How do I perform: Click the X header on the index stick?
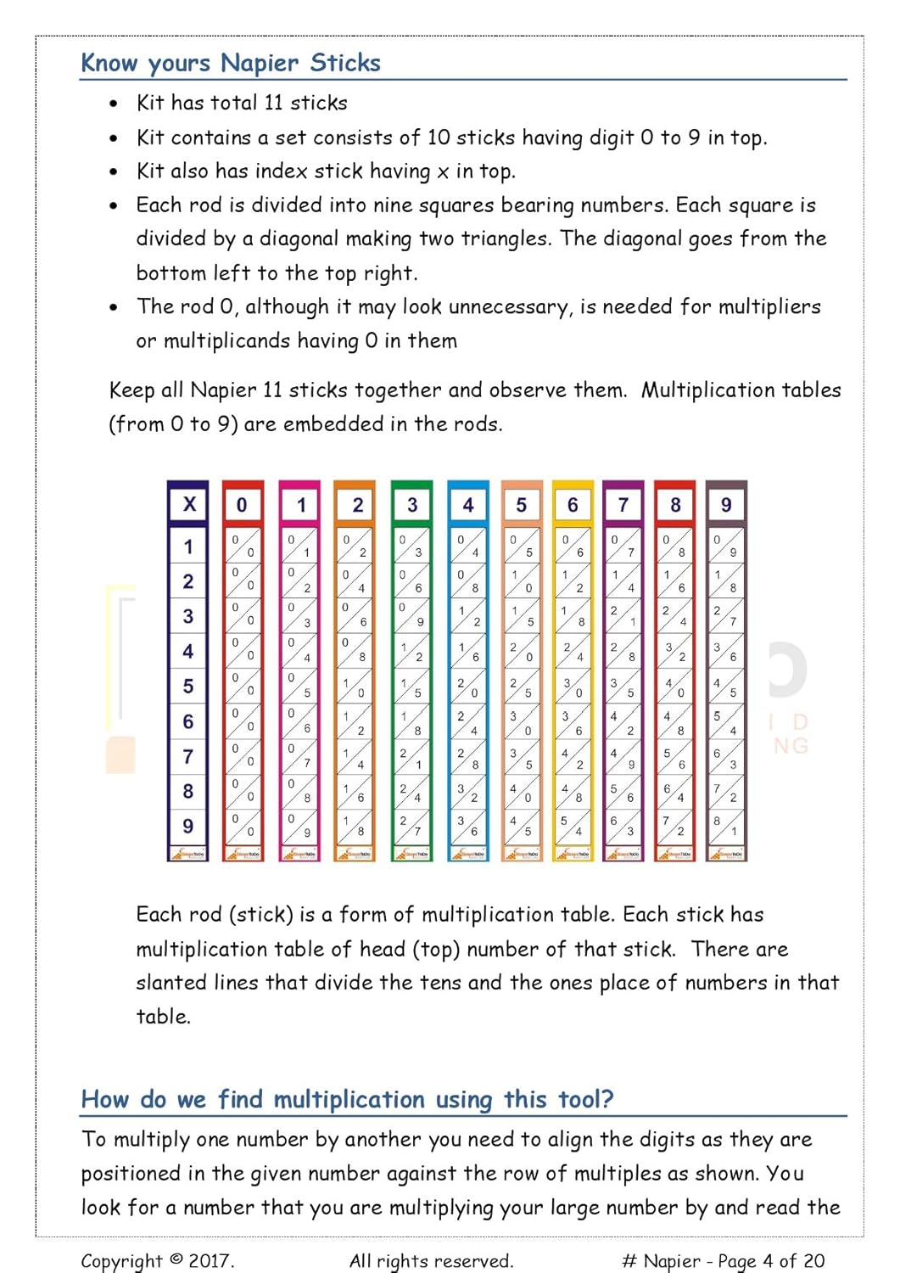189,504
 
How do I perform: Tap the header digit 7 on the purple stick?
623,505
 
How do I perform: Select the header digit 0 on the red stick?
242,505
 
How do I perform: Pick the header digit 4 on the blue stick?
468,505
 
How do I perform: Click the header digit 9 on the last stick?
726,505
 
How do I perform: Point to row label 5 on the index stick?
188,686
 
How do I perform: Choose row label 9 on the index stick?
188,826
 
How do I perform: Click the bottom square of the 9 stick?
726,826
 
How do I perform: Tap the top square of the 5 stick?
521,545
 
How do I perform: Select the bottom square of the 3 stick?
411,826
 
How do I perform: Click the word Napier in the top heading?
260,63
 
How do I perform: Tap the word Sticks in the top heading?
345,63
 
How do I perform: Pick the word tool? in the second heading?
585,1100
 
